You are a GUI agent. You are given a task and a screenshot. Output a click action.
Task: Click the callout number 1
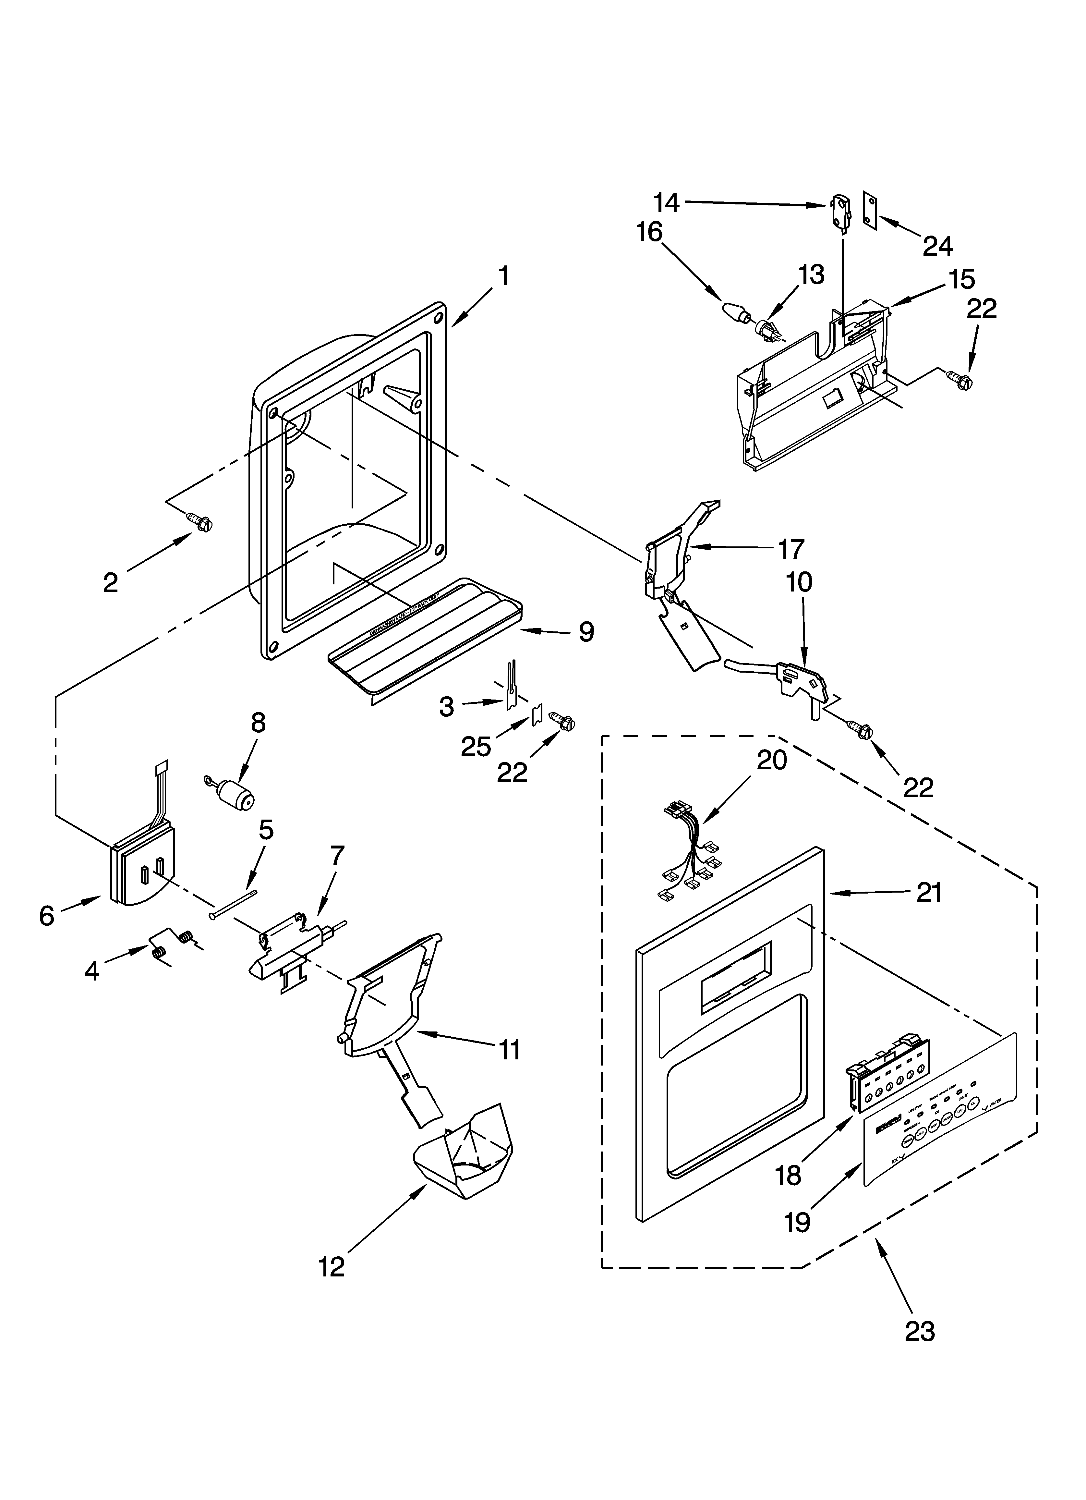click(503, 276)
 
